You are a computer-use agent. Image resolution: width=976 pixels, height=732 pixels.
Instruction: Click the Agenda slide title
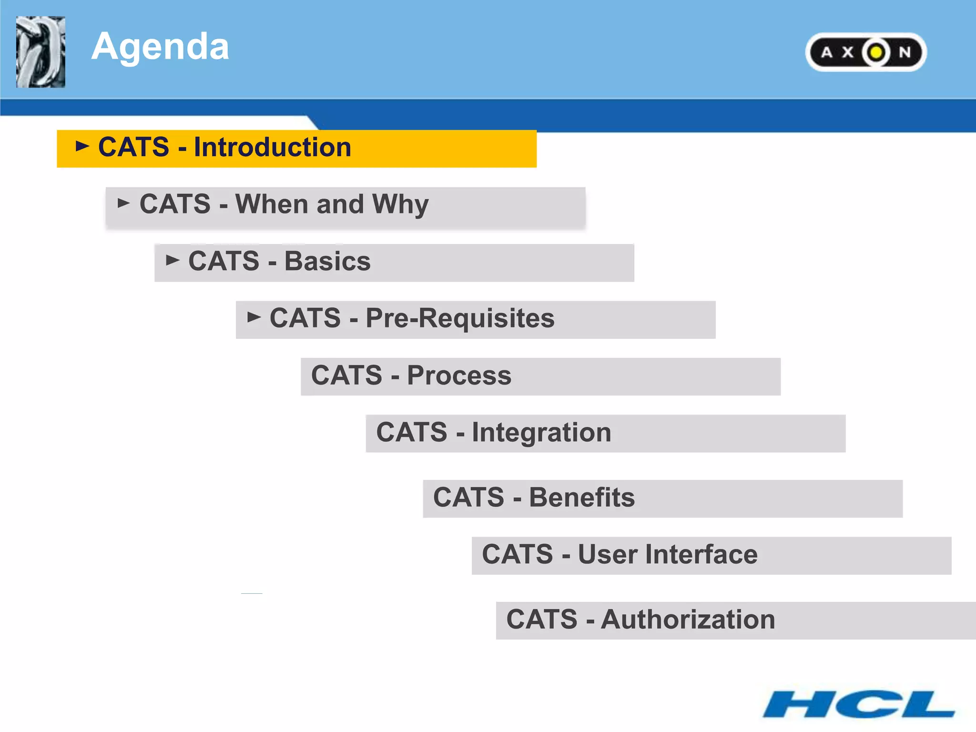pyautogui.click(x=160, y=47)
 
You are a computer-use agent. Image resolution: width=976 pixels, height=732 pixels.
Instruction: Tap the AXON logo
pyautogui.click(x=865, y=52)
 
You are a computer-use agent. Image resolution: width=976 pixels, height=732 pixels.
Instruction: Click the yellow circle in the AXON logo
pyautogui.click(x=876, y=52)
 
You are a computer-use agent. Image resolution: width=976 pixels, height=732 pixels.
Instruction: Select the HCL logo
pyautogui.click(x=858, y=704)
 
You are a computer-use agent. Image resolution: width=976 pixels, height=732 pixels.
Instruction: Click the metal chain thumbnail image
pyautogui.click(x=41, y=52)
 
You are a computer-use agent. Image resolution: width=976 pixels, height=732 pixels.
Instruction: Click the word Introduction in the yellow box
pyautogui.click(x=272, y=147)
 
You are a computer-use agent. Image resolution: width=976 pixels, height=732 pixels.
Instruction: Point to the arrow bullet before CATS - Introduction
pyautogui.click(x=82, y=146)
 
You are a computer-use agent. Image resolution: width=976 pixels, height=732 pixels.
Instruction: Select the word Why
pyautogui.click(x=400, y=205)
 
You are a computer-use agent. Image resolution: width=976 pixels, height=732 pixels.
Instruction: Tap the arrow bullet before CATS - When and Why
pyautogui.click(x=123, y=203)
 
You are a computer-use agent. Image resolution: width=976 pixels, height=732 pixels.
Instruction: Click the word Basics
pyautogui.click(x=327, y=262)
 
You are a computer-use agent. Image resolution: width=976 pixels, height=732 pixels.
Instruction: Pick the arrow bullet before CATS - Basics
pyautogui.click(x=173, y=260)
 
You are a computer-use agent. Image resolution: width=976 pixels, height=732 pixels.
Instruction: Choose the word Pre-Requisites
pyautogui.click(x=460, y=318)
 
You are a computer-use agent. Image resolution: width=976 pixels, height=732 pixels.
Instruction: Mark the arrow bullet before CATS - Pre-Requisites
pyautogui.click(x=254, y=317)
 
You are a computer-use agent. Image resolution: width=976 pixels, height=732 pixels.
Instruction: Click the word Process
pyautogui.click(x=459, y=376)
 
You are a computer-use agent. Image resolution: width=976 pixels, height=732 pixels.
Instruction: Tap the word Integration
pyautogui.click(x=541, y=433)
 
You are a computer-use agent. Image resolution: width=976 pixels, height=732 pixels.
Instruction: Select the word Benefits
pyautogui.click(x=582, y=498)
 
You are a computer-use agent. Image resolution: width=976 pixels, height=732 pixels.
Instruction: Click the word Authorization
pyautogui.click(x=688, y=620)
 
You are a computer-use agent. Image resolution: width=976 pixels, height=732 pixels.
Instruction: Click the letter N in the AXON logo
pyautogui.click(x=905, y=52)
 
